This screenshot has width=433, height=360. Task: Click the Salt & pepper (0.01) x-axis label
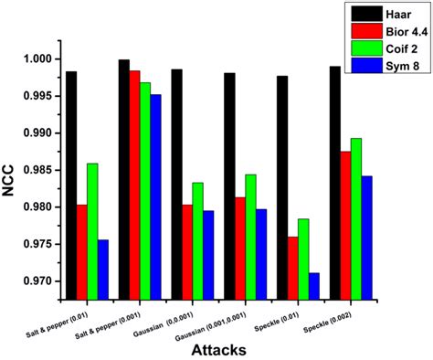pyautogui.click(x=83, y=315)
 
